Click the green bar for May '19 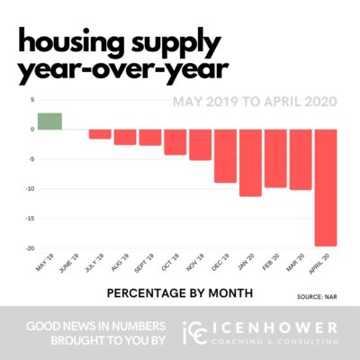tap(49, 121)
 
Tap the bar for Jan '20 tap(250, 162)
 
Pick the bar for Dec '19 tap(225, 156)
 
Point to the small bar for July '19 tap(100, 133)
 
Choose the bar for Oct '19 tap(175, 141)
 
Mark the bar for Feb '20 tap(274, 158)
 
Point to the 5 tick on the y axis tap(31, 100)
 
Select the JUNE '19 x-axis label tap(67, 265)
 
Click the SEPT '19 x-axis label tap(142, 265)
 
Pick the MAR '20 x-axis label tap(292, 264)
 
